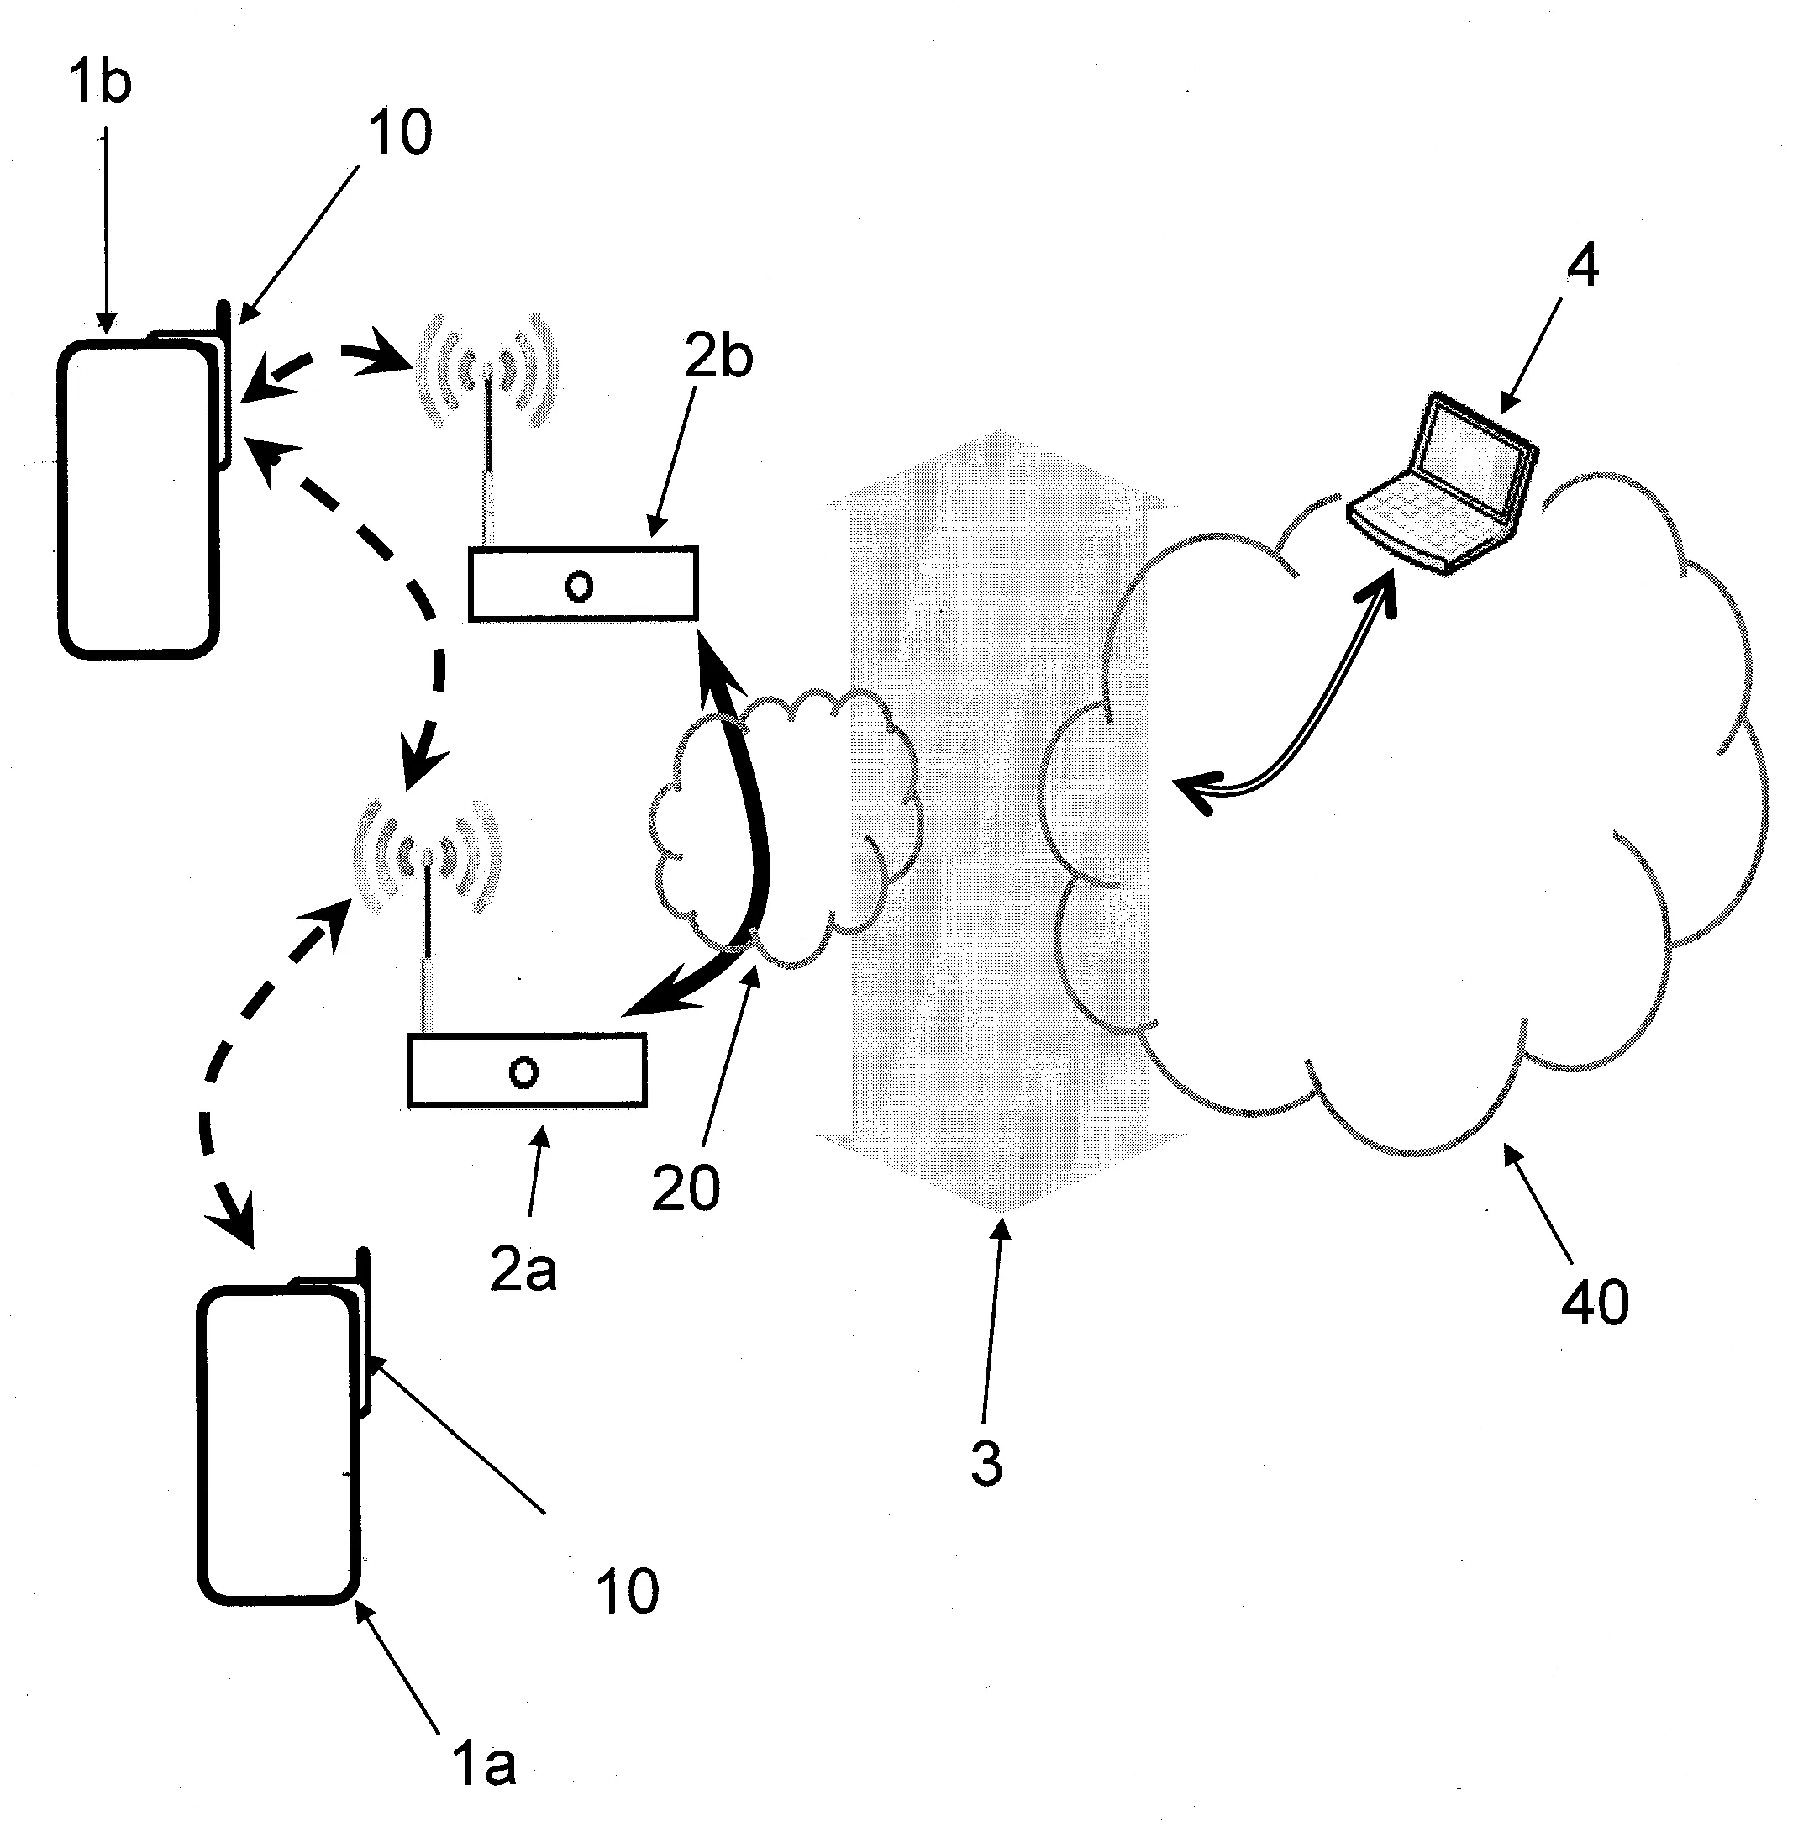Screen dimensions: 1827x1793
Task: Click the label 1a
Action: [x=484, y=1764]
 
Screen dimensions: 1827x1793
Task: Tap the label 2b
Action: [x=718, y=358]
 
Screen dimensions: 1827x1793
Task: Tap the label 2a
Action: [x=523, y=1270]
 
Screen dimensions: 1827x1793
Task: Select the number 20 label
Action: [x=686, y=1187]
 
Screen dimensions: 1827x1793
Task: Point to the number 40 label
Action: [x=1595, y=1303]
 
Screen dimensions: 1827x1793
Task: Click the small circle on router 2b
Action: [x=579, y=586]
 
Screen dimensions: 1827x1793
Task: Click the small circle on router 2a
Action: [x=523, y=1071]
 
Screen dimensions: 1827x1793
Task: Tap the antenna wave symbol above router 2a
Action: [x=427, y=856]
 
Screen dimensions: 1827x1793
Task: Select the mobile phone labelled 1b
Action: [x=138, y=499]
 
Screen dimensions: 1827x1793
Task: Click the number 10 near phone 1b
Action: [x=400, y=132]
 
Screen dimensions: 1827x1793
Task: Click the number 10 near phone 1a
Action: [x=627, y=1592]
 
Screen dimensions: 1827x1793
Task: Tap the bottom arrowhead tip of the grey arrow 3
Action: [x=998, y=1211]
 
